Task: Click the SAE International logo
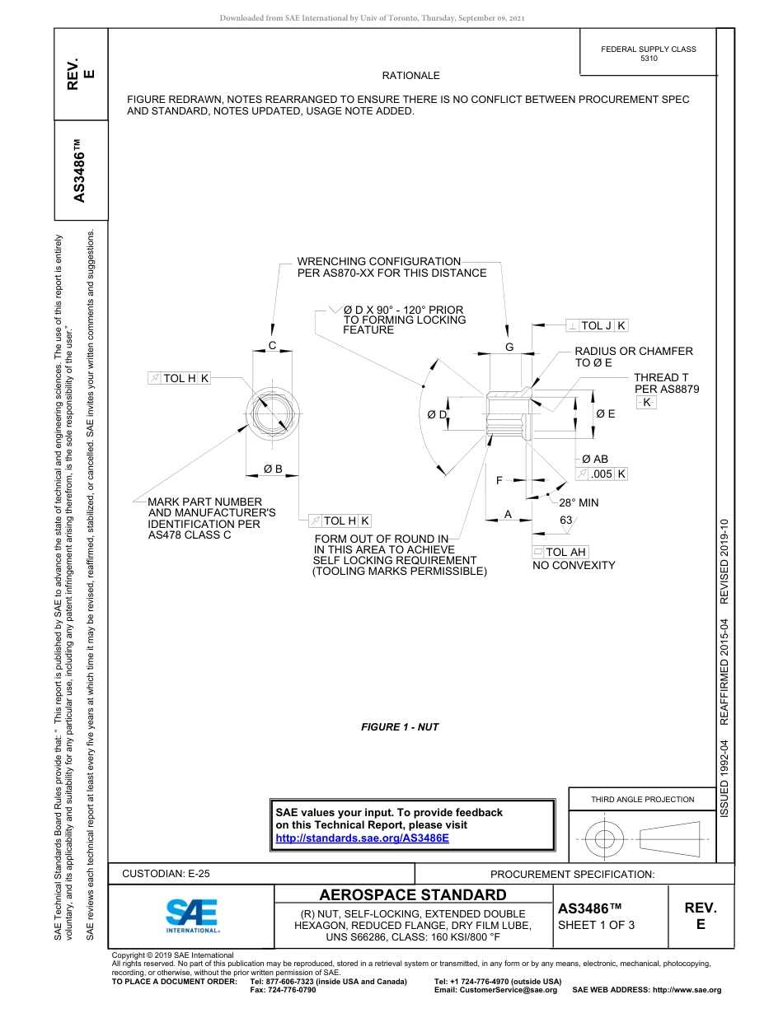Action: click(x=192, y=914)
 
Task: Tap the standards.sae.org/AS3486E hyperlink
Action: click(x=362, y=838)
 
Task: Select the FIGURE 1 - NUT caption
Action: click(x=400, y=727)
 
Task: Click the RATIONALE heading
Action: click(x=411, y=76)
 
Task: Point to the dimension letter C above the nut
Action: click(x=272, y=346)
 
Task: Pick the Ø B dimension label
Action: click(x=273, y=469)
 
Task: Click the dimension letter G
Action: click(x=509, y=348)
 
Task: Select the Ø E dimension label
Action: click(x=606, y=414)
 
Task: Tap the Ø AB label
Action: click(x=595, y=459)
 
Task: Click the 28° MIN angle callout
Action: click(x=579, y=502)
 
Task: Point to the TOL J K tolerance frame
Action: click(x=598, y=326)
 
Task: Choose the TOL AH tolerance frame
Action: click(x=560, y=552)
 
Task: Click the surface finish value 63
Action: click(x=566, y=521)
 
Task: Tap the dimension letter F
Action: click(x=499, y=480)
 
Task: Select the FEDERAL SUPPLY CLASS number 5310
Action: click(x=649, y=59)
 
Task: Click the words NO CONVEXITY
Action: click(x=574, y=566)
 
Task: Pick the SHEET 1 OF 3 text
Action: click(x=597, y=925)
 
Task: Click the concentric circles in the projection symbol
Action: click(x=605, y=839)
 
